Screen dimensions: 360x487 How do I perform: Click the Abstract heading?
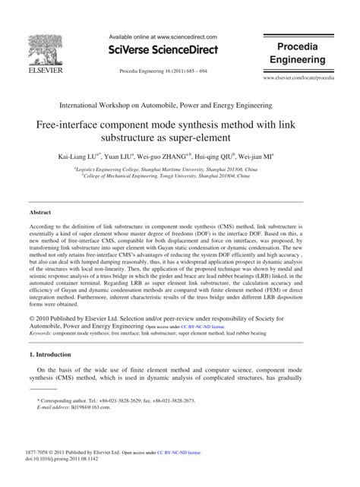tap(40, 213)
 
